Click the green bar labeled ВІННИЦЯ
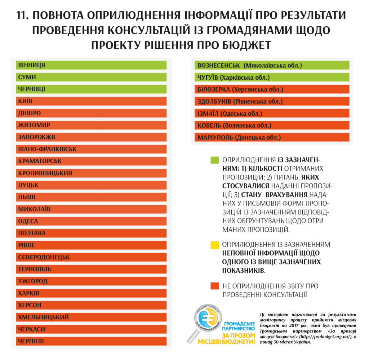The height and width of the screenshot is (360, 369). [x=91, y=65]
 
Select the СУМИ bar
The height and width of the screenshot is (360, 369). [x=91, y=77]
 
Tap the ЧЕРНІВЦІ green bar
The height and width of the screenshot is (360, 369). [x=91, y=89]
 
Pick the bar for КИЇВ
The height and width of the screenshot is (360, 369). [x=91, y=101]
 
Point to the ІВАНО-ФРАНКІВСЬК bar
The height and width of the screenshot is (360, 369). [x=91, y=149]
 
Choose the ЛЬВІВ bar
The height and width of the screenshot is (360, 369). [x=91, y=197]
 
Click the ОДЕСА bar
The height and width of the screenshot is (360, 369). [x=91, y=221]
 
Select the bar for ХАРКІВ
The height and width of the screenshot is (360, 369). [x=91, y=293]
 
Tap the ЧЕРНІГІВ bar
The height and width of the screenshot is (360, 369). [x=91, y=341]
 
